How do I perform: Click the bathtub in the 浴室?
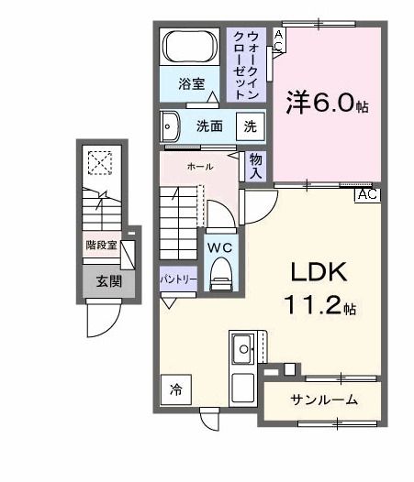tap(189, 47)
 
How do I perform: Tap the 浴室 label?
tap(192, 84)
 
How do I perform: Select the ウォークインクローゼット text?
tap(246, 65)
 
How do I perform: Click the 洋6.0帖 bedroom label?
tap(327, 103)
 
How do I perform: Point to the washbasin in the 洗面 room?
tap(170, 126)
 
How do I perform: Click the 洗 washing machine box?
tap(250, 126)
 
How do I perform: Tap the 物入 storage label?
tap(256, 166)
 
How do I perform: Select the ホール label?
tap(200, 167)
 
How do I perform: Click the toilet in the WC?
tap(221, 274)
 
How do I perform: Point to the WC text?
tap(219, 247)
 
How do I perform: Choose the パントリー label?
tap(178, 279)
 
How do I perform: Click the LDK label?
tap(319, 272)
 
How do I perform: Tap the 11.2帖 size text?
tap(321, 305)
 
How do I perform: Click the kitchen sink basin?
tap(243, 349)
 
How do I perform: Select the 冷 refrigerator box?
tap(176, 389)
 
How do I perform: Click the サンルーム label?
tap(324, 400)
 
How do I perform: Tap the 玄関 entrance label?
tap(109, 281)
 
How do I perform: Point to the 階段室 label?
tap(101, 245)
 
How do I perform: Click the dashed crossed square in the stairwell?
tap(100, 163)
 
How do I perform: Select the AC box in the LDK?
tap(367, 195)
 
